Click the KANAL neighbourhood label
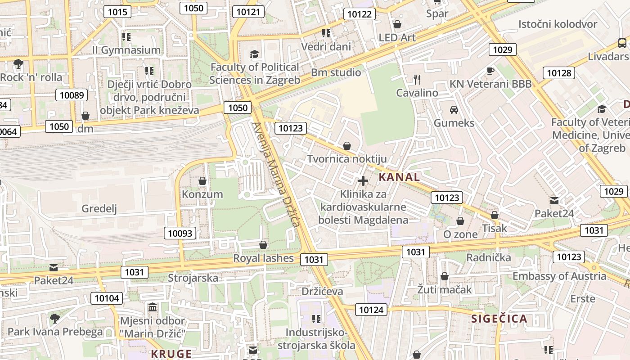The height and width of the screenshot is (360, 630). pyautogui.click(x=399, y=177)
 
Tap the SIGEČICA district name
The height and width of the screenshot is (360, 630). pyautogui.click(x=499, y=319)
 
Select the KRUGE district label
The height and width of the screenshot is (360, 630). pyautogui.click(x=171, y=354)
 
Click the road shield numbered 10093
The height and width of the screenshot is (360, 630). pyautogui.click(x=180, y=233)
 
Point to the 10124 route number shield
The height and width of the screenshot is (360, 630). pyautogui.click(x=371, y=309)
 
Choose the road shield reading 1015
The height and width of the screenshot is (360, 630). pyautogui.click(x=117, y=12)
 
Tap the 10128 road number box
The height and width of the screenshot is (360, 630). pyautogui.click(x=559, y=73)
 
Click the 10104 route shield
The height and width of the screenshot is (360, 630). pyautogui.click(x=107, y=298)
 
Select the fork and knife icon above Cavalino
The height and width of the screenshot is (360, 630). pyautogui.click(x=417, y=80)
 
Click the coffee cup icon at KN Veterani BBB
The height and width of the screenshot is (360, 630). pyautogui.click(x=490, y=71)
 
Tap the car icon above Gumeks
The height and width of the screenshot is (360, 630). pyautogui.click(x=454, y=109)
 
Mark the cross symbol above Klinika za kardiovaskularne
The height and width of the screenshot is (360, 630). pyautogui.click(x=363, y=181)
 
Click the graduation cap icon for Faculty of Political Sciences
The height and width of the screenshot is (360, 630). pyautogui.click(x=255, y=54)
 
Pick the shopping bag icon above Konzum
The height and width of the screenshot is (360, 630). pyautogui.click(x=202, y=181)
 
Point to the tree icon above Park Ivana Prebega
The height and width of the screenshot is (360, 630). pyautogui.click(x=55, y=319)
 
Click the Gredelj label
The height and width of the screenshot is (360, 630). pyautogui.click(x=99, y=208)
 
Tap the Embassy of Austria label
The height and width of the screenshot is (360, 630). pyautogui.click(x=559, y=276)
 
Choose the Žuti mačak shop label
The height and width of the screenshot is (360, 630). pyautogui.click(x=444, y=289)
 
